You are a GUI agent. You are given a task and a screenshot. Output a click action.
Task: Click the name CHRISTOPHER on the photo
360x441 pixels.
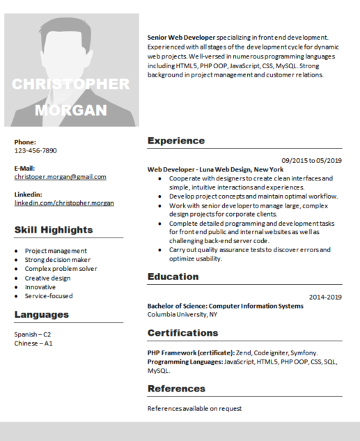click(71, 84)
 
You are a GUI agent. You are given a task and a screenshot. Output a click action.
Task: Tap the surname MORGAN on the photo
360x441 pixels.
click(71, 110)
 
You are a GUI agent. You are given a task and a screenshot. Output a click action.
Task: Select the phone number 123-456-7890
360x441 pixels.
click(36, 150)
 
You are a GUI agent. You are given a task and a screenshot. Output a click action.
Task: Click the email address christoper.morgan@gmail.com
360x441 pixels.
click(60, 177)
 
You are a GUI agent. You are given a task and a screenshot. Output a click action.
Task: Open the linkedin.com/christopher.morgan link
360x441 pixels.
click(64, 203)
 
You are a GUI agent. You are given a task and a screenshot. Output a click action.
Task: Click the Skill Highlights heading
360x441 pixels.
click(54, 230)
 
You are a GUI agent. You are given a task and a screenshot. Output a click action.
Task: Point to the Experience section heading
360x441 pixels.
click(176, 141)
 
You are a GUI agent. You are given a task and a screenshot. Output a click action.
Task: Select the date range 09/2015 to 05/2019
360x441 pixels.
click(311, 160)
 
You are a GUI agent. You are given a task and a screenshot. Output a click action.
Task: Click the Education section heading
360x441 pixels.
click(173, 277)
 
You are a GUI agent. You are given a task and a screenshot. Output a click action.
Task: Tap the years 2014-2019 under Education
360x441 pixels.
click(325, 297)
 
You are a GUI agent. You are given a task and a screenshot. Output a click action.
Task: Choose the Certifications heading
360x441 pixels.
click(182, 332)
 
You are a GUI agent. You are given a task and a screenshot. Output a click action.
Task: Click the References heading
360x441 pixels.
click(176, 388)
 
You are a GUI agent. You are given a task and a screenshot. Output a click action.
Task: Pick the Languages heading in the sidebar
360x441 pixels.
click(42, 314)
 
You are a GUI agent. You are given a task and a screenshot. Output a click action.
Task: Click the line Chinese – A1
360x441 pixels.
click(33, 343)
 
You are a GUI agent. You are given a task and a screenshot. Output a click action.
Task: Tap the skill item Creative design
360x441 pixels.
click(47, 278)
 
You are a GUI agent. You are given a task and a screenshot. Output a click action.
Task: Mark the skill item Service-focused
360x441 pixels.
click(49, 296)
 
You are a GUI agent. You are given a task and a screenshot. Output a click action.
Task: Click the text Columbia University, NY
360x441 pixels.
click(182, 314)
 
